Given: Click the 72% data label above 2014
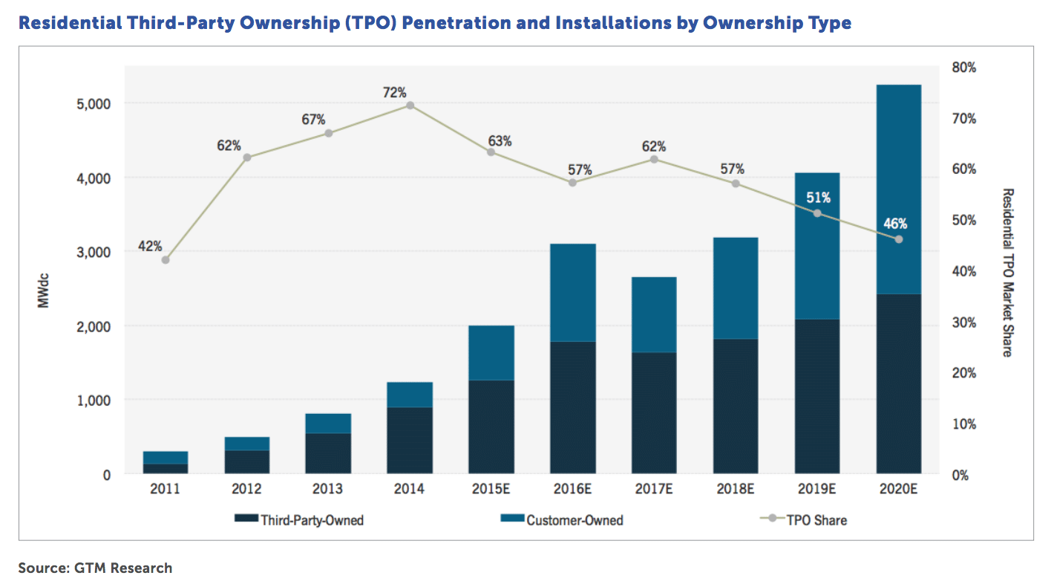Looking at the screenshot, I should (x=394, y=92).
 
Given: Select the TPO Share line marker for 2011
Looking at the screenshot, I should (x=165, y=260).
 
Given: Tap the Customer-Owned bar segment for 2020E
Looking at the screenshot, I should (x=898, y=189).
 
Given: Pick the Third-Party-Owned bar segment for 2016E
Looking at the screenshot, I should (x=572, y=407).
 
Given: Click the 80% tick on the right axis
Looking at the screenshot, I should (x=963, y=68).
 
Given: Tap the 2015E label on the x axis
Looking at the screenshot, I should (x=491, y=491).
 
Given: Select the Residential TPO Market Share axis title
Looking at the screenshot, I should (x=1007, y=272).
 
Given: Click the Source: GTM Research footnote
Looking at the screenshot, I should (x=95, y=568).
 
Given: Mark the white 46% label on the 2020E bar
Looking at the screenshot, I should (x=894, y=223).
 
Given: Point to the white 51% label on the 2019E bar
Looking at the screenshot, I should (x=817, y=198).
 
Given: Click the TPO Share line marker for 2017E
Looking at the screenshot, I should (x=654, y=160).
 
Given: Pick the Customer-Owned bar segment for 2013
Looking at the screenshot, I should (x=328, y=424).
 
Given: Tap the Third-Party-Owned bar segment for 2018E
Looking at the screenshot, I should (x=736, y=406).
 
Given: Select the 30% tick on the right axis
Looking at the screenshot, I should (x=963, y=322).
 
